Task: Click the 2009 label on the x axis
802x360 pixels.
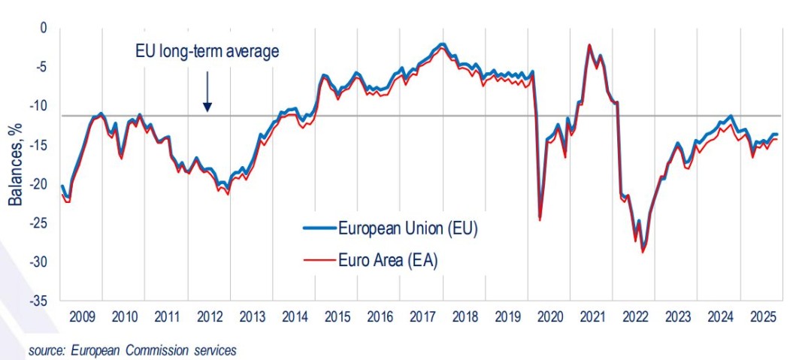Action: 80,316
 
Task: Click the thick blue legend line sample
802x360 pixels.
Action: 316,227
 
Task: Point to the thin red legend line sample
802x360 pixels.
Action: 316,261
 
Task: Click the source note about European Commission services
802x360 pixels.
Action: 132,349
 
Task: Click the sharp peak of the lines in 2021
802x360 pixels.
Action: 589,45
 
